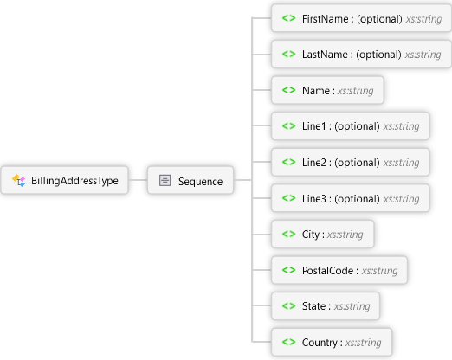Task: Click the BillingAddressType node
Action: [65, 181]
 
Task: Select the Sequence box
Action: [190, 181]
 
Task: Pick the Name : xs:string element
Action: [327, 90]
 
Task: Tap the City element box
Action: [323, 235]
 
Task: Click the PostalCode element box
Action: [339, 271]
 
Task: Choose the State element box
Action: [326, 306]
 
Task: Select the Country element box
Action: [332, 343]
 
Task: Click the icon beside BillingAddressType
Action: [19, 181]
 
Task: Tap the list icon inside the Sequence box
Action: [165, 181]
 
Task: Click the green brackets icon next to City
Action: [288, 235]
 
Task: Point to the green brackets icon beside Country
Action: [288, 343]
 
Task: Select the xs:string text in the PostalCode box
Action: [379, 271]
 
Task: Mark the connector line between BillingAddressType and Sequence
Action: [136, 181]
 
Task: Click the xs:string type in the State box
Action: [352, 306]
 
